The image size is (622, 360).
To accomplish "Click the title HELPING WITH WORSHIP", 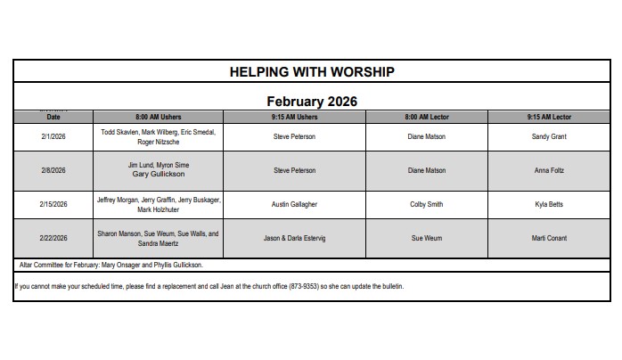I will pyautogui.click(x=312, y=71).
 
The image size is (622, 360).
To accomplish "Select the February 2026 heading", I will pyautogui.click(x=312, y=102).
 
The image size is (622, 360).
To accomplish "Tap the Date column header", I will pyautogui.click(x=53, y=117).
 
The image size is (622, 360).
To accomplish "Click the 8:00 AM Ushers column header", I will pyautogui.click(x=160, y=117).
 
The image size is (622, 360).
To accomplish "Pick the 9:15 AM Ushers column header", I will pyautogui.click(x=294, y=117).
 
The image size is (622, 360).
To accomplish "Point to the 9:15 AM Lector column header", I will pyautogui.click(x=549, y=117).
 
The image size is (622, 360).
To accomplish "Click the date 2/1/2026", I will pyautogui.click(x=53, y=136).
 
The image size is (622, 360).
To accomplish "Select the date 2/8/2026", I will pyautogui.click(x=53, y=170).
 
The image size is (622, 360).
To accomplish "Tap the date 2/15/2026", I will pyautogui.click(x=53, y=204).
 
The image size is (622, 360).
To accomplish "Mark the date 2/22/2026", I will pyautogui.click(x=53, y=238).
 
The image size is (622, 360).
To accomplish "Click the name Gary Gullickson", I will pyautogui.click(x=160, y=175).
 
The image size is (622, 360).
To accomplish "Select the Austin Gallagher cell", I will pyautogui.click(x=294, y=204).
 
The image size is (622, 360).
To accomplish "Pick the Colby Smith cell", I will pyautogui.click(x=427, y=204).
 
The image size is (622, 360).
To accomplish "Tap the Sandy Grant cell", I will pyautogui.click(x=549, y=136).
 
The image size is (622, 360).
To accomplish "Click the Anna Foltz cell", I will pyautogui.click(x=549, y=170).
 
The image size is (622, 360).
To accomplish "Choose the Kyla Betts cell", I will pyautogui.click(x=549, y=204).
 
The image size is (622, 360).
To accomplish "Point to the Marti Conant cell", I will pyautogui.click(x=549, y=238).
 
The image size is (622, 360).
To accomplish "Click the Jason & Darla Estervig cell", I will pyautogui.click(x=294, y=238).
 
